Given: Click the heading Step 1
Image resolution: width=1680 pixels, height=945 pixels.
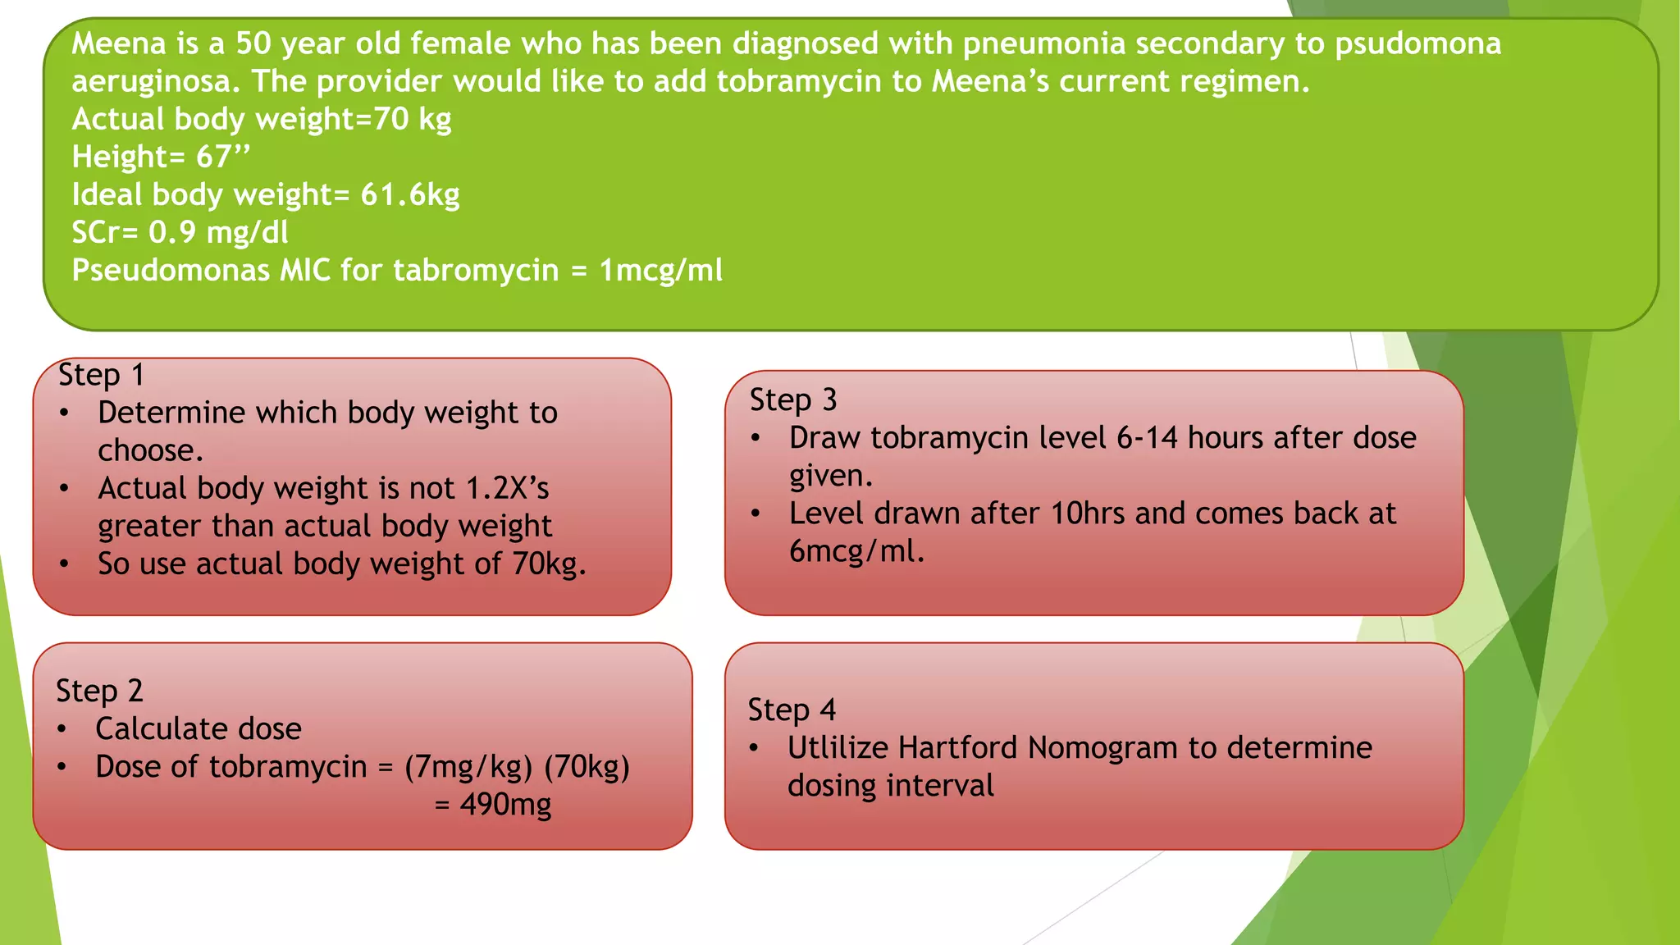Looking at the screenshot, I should pos(101,376).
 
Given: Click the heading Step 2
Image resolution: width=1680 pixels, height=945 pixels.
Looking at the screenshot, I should pos(99,692).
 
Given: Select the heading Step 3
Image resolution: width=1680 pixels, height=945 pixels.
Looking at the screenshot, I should pos(792,400).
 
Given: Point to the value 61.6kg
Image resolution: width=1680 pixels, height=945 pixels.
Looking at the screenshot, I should pos(409,195).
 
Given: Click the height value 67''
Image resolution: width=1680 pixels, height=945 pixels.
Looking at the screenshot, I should pos(222,157).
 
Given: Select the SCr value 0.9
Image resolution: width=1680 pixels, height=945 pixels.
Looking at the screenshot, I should pos(172,233).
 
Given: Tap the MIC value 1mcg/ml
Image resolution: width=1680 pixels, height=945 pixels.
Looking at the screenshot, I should pos(661,271).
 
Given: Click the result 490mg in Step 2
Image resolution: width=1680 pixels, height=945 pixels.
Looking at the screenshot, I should pos(505,805).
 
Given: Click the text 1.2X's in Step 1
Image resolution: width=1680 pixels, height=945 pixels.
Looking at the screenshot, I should pos(507,489).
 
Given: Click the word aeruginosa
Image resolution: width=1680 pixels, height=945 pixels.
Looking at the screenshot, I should pos(156,81).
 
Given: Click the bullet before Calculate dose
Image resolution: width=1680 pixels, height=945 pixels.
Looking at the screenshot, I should pos(62,729).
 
